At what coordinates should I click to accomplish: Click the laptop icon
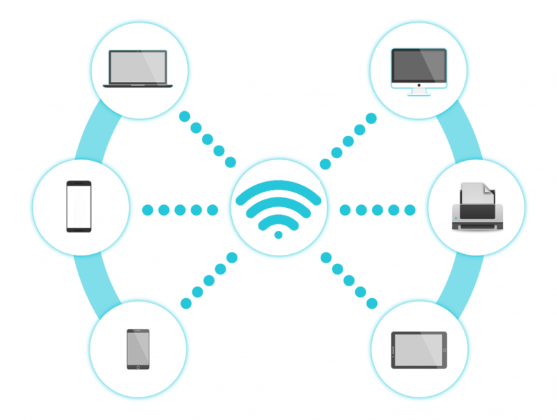[x=138, y=68]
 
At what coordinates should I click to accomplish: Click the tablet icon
[x=418, y=349]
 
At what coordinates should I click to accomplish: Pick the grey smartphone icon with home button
[x=138, y=349]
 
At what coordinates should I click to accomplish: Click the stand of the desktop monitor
[x=419, y=90]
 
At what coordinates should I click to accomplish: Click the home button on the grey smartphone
[x=138, y=365]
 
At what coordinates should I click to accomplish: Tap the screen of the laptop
[x=138, y=65]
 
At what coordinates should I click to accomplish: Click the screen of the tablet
[x=418, y=349]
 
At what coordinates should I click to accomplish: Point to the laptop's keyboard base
[x=138, y=85]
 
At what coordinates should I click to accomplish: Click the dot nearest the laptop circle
[x=185, y=116]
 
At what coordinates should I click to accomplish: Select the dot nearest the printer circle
[x=411, y=209]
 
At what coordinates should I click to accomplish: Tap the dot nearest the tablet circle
[x=372, y=303]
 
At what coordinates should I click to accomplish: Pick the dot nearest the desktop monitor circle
[x=371, y=118]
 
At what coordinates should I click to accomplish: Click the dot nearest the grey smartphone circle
[x=186, y=303]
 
